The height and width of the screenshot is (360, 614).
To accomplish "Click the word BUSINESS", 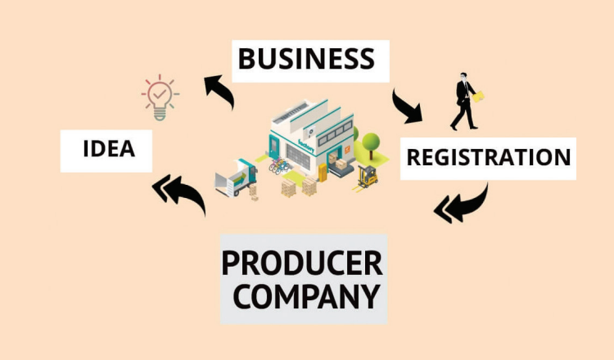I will pos(305,59).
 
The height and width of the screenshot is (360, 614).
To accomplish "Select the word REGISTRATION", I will pos(489,156).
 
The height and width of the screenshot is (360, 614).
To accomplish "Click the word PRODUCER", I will pos(302,263).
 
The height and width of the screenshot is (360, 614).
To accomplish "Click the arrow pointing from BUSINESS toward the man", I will pos(407,105).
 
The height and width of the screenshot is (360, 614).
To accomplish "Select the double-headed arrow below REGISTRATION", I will pos(462,205).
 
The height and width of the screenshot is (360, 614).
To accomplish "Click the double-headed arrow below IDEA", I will pos(180,196).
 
